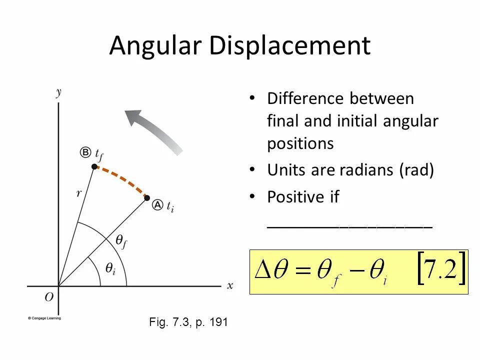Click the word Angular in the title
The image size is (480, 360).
(155, 46)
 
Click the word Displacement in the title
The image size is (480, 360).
(290, 46)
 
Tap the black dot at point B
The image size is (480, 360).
(94, 166)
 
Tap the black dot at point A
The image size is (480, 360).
(147, 198)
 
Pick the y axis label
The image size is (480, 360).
(59, 92)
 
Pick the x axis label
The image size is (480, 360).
(230, 285)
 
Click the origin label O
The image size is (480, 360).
(49, 297)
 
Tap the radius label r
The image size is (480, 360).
(79, 193)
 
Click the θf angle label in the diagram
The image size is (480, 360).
(121, 241)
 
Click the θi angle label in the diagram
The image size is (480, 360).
(110, 268)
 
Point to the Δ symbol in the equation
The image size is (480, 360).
(263, 271)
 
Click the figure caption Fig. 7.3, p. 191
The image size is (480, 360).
(188, 322)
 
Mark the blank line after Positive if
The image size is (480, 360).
(349, 226)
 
